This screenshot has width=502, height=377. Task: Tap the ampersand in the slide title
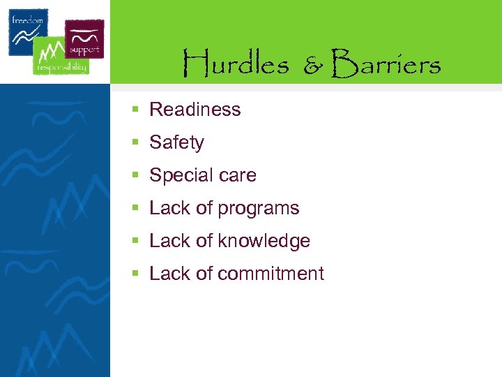[x=313, y=66]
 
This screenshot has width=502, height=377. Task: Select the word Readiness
[x=195, y=110]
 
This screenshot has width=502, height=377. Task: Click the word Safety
[x=176, y=142]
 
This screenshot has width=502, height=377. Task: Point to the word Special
[x=178, y=175]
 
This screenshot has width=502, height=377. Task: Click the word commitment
[x=271, y=274]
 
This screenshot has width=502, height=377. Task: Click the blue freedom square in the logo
[x=28, y=31]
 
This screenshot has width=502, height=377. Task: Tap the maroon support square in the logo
[x=84, y=38]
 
